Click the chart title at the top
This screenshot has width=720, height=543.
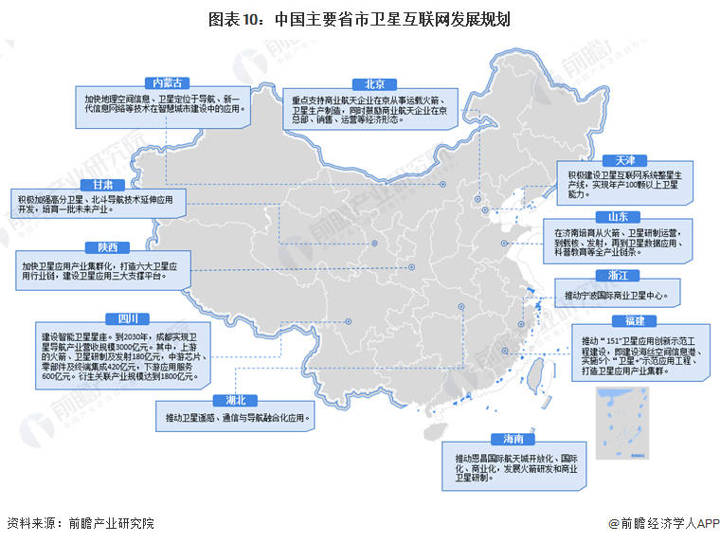point(359,18)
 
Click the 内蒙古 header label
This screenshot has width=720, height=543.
point(163,83)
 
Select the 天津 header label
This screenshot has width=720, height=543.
point(624,160)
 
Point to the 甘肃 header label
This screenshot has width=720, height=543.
point(102,185)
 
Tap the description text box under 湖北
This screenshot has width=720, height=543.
point(236,418)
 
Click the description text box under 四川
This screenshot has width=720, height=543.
point(117,355)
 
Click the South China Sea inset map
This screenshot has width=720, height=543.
point(620,423)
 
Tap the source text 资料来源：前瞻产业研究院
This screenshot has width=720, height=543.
point(80,522)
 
